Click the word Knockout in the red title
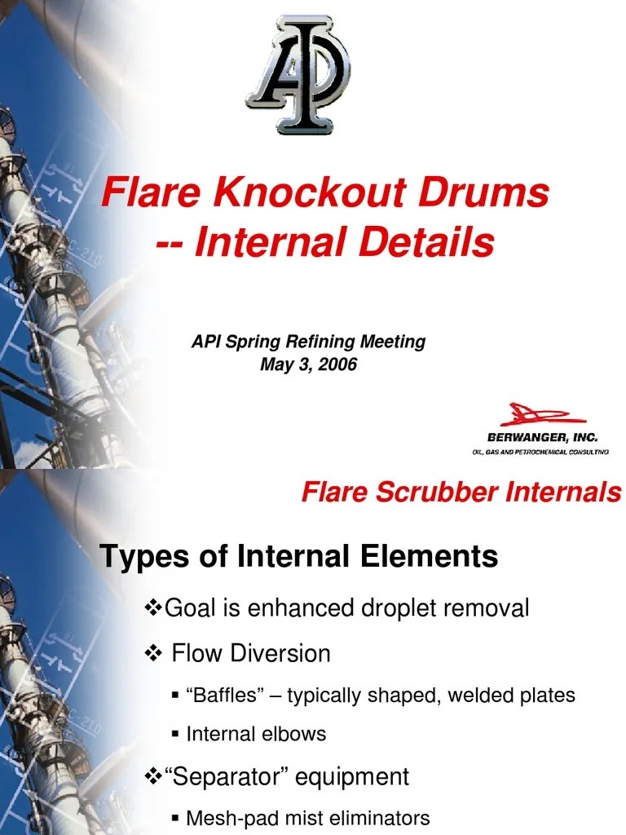click(x=310, y=194)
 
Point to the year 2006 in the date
click(x=337, y=364)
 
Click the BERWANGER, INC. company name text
click(x=543, y=438)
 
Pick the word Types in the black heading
click(x=139, y=557)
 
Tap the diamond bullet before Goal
click(x=153, y=607)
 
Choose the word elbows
click(x=298, y=734)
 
